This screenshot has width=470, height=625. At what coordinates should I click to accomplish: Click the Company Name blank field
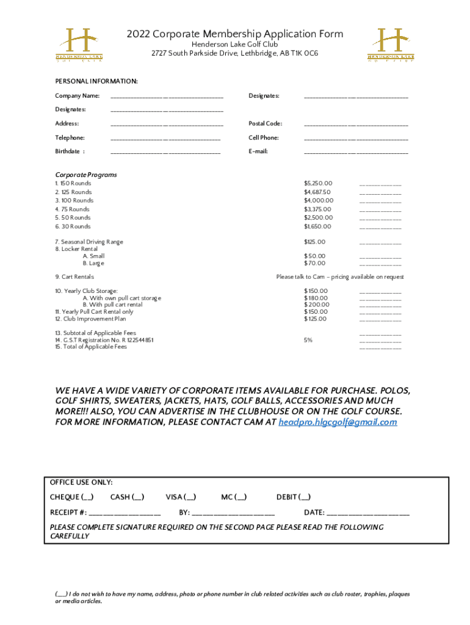pyautogui.click(x=167, y=97)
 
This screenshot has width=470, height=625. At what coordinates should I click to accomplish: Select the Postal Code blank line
pyautogui.click(x=356, y=125)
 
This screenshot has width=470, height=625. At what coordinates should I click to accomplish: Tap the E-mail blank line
pyautogui.click(x=356, y=153)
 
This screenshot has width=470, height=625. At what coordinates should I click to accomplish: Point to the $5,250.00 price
pyautogui.click(x=318, y=183)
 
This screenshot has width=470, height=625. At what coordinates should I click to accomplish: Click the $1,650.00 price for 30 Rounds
pyautogui.click(x=317, y=226)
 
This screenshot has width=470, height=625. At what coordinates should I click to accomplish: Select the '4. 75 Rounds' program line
pyautogui.click(x=72, y=209)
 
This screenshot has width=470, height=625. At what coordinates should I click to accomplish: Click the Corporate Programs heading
pyautogui.click(x=86, y=175)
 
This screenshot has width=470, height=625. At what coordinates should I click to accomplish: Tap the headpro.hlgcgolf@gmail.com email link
pyautogui.click(x=338, y=422)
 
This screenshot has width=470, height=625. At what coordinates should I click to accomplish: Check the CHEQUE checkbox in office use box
pyautogui.click(x=87, y=497)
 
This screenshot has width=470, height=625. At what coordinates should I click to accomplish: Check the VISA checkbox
pyautogui.click(x=190, y=497)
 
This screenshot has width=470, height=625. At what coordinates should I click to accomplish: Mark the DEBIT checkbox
pyautogui.click(x=304, y=497)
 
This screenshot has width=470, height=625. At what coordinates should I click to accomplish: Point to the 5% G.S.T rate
pyautogui.click(x=308, y=340)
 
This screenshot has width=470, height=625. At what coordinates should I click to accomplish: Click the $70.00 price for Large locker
pyautogui.click(x=315, y=263)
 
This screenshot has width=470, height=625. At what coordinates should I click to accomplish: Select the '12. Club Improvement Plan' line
pyautogui.click(x=90, y=319)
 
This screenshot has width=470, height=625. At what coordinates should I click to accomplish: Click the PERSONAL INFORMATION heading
pyautogui.click(x=96, y=81)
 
